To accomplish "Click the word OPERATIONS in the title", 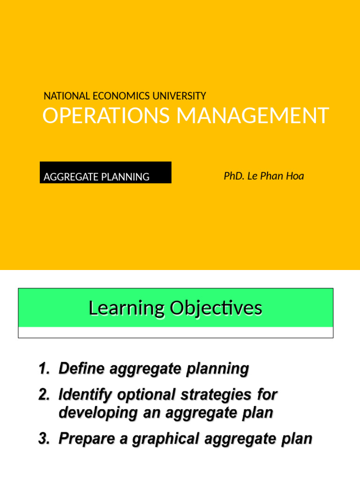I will point(106,116).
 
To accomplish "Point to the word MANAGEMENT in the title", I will point(253,116).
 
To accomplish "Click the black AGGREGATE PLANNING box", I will point(105,172).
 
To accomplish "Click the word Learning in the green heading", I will point(126,308).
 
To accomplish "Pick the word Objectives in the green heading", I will point(216,308).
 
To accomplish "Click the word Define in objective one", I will point(81,369).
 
